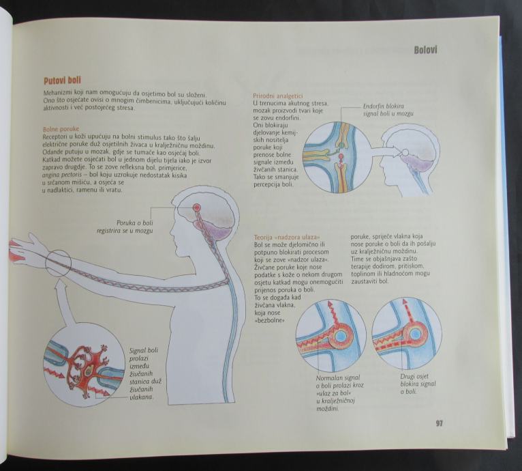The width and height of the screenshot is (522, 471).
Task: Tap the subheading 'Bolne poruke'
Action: click(61, 128)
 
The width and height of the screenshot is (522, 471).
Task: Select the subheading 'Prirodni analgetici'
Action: click(277, 95)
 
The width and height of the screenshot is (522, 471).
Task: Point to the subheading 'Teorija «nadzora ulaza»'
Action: click(286, 236)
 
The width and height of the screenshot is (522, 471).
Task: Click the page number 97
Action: click(439, 423)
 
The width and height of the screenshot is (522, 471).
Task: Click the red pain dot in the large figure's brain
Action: click(197, 207)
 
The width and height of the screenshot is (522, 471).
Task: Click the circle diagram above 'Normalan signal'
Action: click(331, 335)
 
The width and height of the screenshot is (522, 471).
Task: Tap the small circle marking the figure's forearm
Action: click(58, 263)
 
